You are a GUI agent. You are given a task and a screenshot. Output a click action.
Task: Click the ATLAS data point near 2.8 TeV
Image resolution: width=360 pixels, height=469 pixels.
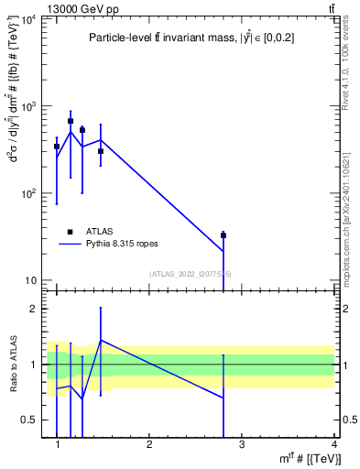click(224, 235)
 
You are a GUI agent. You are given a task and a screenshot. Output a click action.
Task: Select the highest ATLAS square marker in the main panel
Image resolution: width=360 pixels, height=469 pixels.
click(71, 121)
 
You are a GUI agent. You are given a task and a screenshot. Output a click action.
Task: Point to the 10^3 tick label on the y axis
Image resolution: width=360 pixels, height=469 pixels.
click(29, 107)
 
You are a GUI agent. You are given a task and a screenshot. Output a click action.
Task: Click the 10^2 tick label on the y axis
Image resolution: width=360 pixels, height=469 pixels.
click(29, 194)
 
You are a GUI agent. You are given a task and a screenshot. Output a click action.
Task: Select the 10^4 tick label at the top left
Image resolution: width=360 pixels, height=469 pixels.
click(29, 20)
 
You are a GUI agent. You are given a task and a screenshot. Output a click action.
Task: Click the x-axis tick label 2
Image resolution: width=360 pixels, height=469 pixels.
click(149, 443)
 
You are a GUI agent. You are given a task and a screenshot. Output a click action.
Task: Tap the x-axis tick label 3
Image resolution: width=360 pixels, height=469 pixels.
click(241, 443)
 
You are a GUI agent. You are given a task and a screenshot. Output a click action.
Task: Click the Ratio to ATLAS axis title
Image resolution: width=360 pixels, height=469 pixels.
click(12, 364)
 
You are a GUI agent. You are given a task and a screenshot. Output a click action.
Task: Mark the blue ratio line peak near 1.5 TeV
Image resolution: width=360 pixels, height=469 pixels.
click(100, 340)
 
